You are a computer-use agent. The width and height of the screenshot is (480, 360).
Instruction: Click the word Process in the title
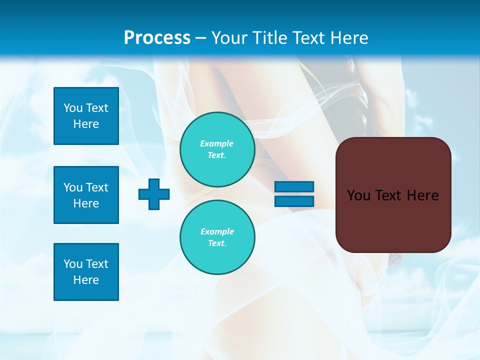(x=157, y=38)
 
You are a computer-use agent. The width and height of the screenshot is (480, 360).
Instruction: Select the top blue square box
(x=86, y=116)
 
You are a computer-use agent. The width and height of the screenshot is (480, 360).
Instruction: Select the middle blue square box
(x=86, y=195)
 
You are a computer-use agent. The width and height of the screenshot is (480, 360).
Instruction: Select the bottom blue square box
(x=86, y=272)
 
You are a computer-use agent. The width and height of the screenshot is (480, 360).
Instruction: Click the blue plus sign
(x=154, y=194)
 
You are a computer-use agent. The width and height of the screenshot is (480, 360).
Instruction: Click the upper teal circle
(x=217, y=149)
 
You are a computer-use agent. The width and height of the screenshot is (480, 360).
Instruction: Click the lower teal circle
(x=217, y=237)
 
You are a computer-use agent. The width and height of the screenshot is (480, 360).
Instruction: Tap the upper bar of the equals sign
(x=294, y=187)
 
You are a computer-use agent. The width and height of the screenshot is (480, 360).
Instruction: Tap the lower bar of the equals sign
(x=294, y=201)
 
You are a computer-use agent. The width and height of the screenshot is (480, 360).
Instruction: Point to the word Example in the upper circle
(x=216, y=143)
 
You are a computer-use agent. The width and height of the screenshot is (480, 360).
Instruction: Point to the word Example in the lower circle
(x=217, y=231)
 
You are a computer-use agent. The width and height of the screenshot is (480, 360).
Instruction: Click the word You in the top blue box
(x=73, y=108)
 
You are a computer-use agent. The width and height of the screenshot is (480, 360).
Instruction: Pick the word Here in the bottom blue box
(x=86, y=280)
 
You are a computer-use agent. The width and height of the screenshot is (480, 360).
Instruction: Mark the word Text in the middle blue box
(x=97, y=187)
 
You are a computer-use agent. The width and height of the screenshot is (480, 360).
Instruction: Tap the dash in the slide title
(x=200, y=38)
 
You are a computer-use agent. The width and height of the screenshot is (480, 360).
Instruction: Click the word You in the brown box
(x=358, y=195)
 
